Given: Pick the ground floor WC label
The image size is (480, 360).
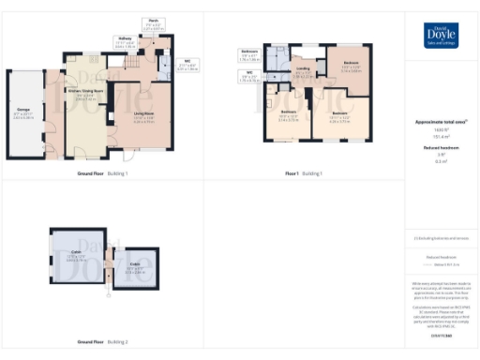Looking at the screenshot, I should pos(187,66).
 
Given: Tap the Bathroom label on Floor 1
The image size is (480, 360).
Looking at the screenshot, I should pos(249,52).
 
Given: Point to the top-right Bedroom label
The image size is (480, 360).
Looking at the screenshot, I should pos(351,68).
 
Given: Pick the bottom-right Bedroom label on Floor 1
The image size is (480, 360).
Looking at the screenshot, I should pos(338,117).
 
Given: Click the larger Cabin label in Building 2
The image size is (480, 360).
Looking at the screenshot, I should pos(78,255).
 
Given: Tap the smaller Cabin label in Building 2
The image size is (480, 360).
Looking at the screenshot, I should pos(135,266).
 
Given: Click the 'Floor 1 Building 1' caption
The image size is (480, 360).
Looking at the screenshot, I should pos(303,173).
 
